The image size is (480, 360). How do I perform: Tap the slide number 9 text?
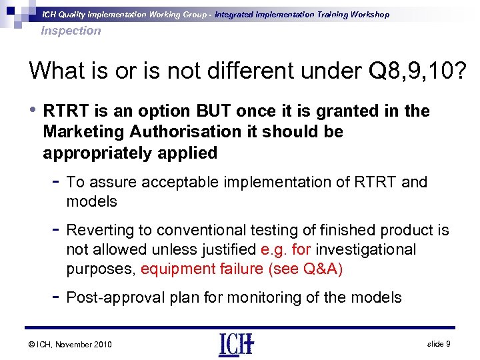439,343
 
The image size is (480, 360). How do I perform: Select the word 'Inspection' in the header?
71,30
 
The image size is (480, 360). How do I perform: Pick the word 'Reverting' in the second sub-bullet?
100,230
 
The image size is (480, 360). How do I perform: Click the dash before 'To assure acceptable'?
55,181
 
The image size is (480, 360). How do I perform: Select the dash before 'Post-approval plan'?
55,297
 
